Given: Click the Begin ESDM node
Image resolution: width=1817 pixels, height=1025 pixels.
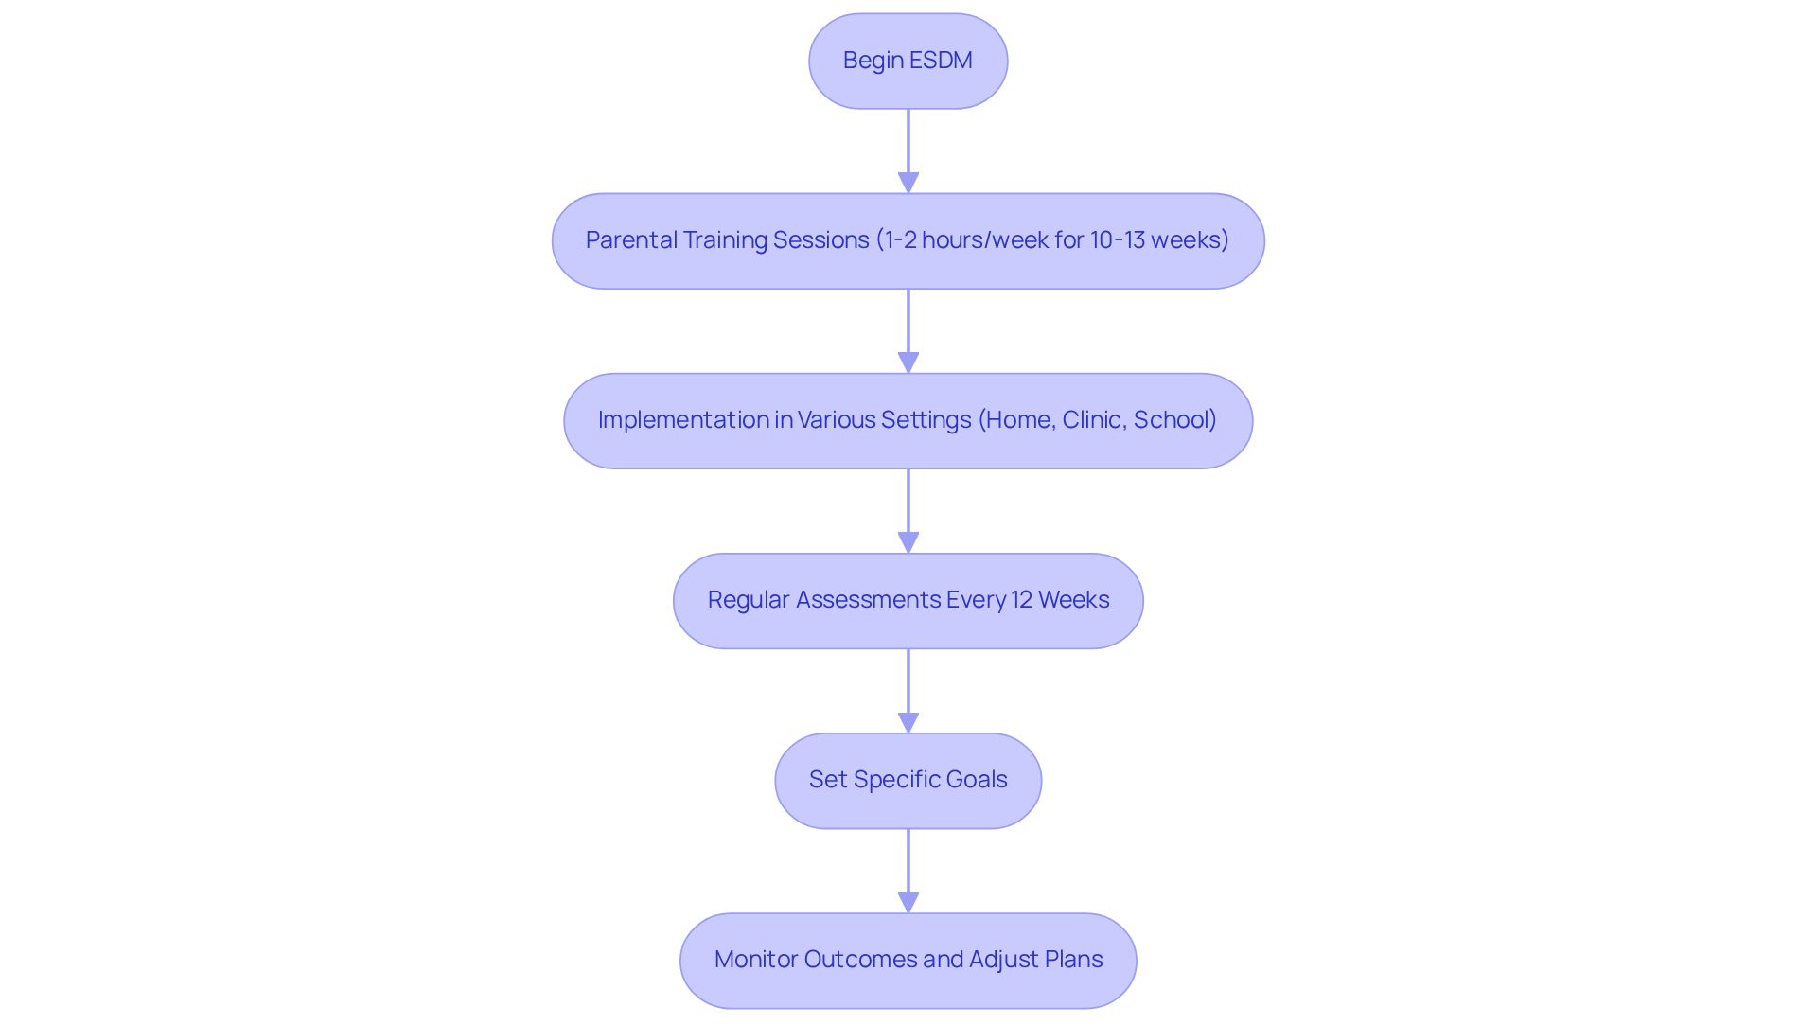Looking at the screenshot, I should point(908,61).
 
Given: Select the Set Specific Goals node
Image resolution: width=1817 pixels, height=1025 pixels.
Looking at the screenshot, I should point(908,780).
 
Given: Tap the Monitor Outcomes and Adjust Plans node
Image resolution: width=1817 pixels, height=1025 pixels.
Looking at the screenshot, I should point(908,960).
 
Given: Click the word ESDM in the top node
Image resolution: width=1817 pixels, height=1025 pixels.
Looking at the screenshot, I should point(941,61).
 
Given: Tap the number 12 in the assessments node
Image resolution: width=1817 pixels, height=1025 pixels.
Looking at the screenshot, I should point(1021,600).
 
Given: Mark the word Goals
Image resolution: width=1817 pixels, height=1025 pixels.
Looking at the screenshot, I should point(977,780).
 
